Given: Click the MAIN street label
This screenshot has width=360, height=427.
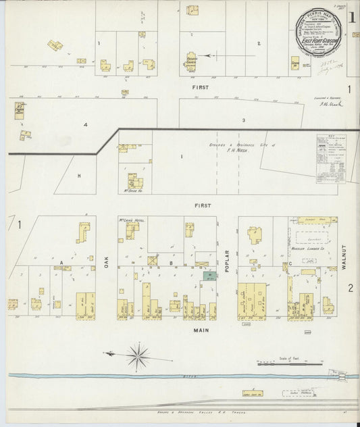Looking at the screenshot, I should (201, 330).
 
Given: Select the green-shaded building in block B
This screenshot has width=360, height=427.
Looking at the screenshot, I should (209, 276).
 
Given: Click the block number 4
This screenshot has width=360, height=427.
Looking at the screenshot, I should (85, 124).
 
